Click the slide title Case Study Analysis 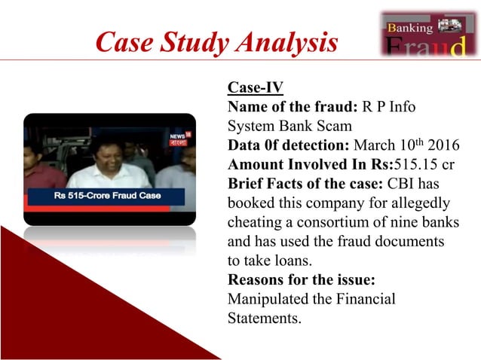coord(216,43)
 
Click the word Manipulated coord(268,300)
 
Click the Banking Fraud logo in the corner coord(426,35)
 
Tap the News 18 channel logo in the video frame coord(179,138)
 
